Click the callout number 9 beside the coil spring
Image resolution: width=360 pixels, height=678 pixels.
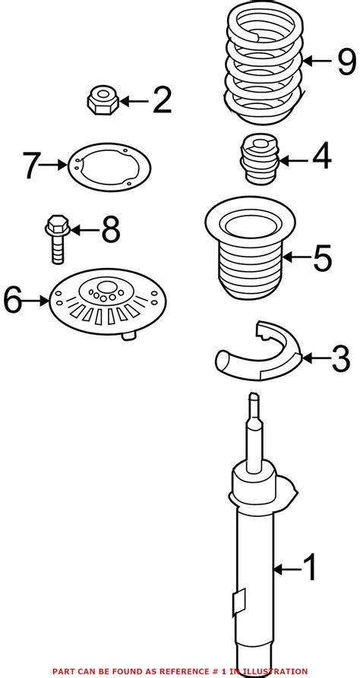(x=346, y=61)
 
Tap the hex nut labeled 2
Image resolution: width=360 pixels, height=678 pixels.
(x=103, y=100)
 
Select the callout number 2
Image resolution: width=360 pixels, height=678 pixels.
(x=162, y=100)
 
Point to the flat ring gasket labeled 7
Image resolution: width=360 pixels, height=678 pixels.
(x=109, y=167)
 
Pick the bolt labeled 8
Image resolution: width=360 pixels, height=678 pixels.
(x=58, y=238)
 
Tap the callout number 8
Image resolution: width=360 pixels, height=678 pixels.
(x=111, y=230)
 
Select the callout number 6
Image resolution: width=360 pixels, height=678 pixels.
(x=13, y=300)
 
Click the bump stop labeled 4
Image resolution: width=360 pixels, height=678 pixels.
(x=259, y=159)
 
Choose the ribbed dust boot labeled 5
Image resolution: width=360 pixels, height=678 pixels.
(x=250, y=248)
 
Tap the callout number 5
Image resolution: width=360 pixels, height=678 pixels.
(x=322, y=258)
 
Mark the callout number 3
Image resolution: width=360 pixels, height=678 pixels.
(x=340, y=358)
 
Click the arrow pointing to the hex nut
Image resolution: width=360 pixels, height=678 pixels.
(x=134, y=102)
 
